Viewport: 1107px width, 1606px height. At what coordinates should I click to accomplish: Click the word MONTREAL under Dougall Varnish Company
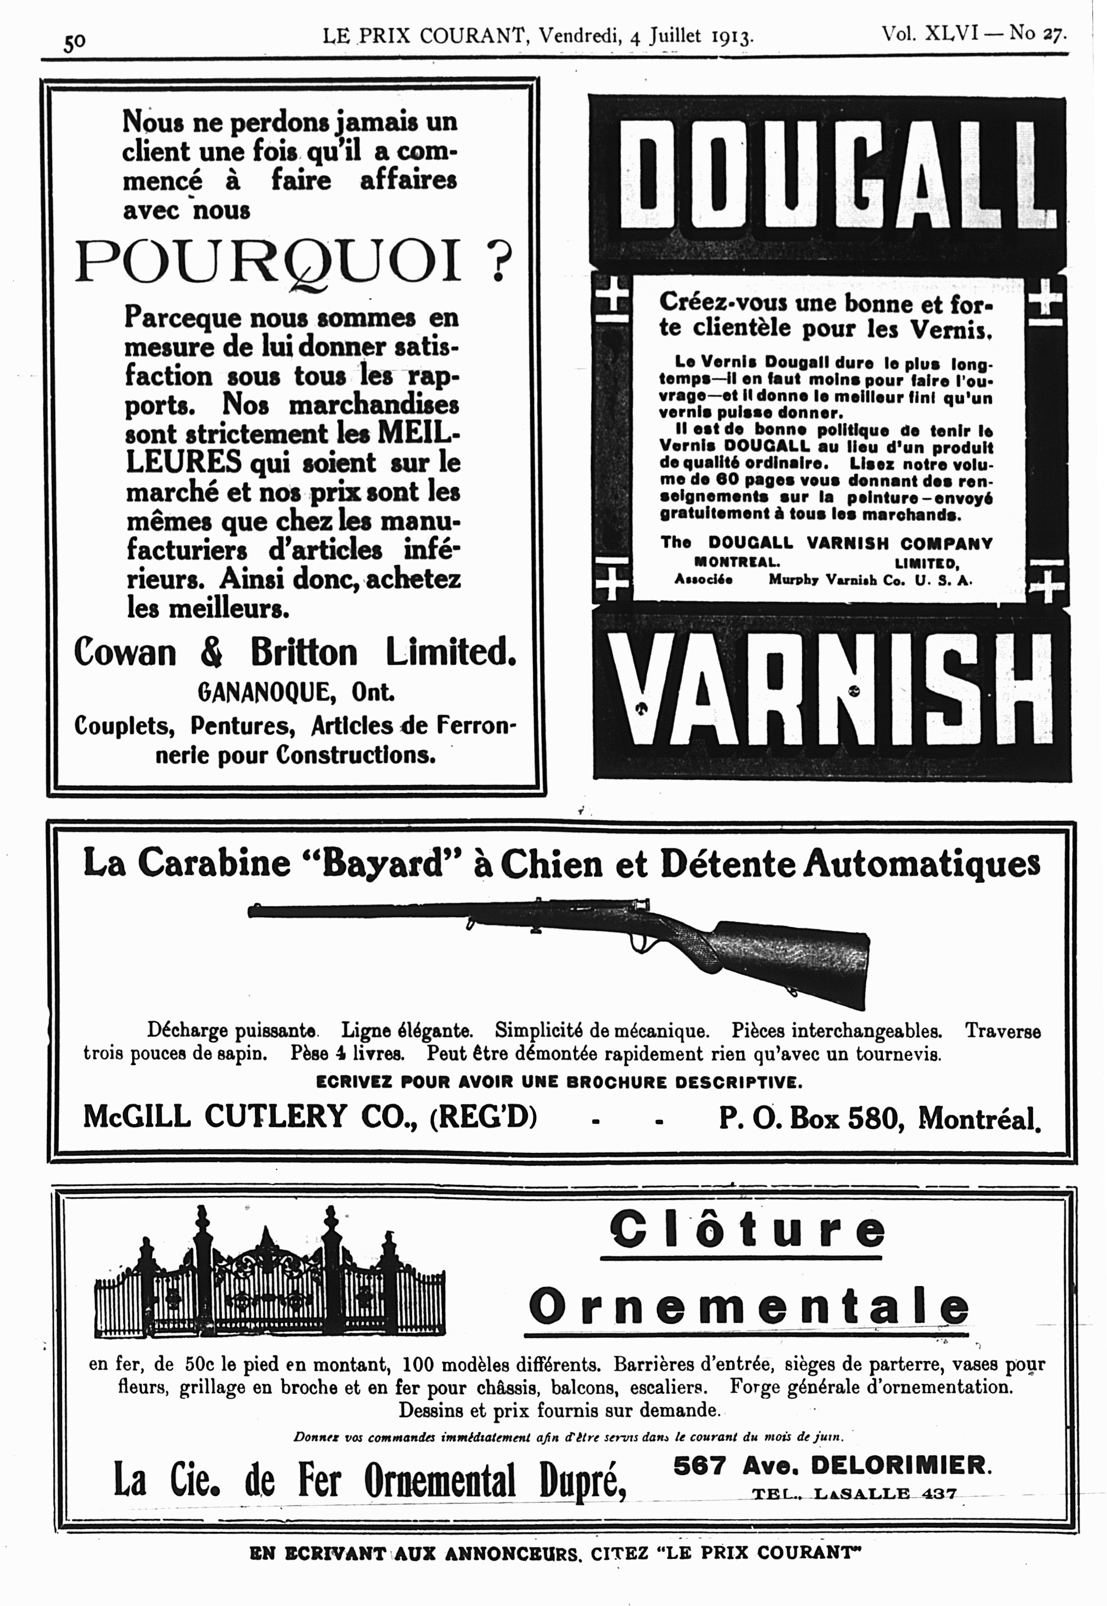[737, 562]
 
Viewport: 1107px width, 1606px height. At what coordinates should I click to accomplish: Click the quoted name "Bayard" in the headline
[371, 864]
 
